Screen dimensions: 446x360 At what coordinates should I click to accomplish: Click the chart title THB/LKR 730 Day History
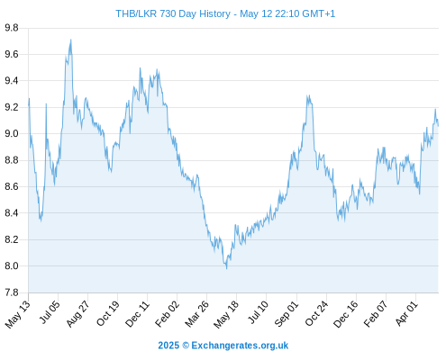[173, 13]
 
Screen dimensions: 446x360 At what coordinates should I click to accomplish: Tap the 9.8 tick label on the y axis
[12, 28]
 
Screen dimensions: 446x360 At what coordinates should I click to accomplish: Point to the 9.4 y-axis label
[12, 81]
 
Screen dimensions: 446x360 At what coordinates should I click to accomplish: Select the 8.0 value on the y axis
[12, 266]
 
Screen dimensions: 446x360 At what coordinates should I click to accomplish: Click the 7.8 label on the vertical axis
[12, 292]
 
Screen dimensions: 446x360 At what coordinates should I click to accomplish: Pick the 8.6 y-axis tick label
[12, 186]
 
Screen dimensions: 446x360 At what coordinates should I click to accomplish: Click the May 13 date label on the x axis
[18, 314]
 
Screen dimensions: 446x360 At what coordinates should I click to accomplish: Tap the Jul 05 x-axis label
[50, 312]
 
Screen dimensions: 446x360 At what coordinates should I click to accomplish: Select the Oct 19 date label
[108, 313]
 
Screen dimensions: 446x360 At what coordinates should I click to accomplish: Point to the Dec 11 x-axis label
[137, 314]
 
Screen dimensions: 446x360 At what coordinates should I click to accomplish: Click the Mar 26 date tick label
[196, 314]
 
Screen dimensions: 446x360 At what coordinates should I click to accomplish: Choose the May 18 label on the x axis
[226, 314]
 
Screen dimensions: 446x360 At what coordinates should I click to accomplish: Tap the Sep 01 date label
[287, 314]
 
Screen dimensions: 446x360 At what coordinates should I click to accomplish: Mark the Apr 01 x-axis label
[406, 313]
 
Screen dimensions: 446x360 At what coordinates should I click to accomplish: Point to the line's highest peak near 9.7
[70, 40]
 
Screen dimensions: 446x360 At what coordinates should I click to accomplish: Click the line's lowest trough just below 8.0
[226, 268]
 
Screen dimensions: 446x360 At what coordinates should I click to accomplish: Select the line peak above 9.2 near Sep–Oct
[307, 95]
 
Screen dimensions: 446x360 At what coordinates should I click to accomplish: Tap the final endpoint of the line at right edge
[438, 126]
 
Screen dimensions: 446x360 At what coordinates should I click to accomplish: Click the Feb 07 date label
[376, 314]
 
